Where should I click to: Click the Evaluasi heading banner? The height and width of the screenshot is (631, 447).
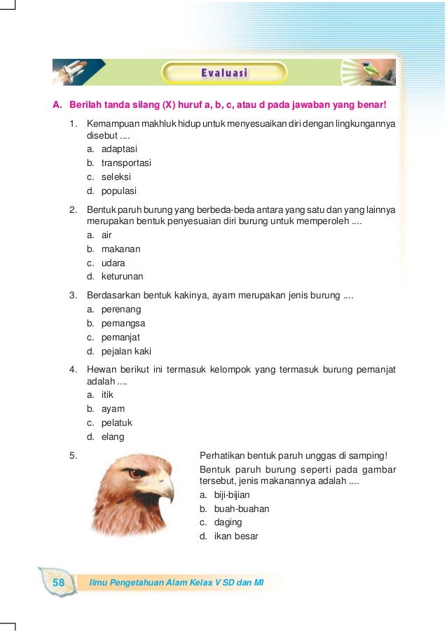[224, 72]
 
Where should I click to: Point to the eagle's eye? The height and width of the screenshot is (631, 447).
[138, 473]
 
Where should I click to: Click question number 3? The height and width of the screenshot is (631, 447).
[73, 296]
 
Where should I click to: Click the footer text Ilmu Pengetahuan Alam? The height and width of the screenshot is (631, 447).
[133, 583]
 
